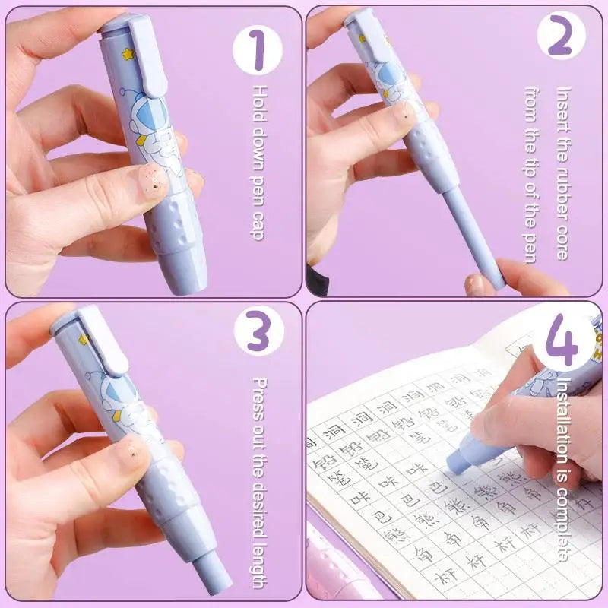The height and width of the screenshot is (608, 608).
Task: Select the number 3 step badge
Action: [258, 335]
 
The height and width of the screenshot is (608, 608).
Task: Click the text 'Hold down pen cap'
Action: [258, 163]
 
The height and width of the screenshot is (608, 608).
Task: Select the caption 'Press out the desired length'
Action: [258, 482]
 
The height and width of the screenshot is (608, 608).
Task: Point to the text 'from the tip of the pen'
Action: [530, 176]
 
